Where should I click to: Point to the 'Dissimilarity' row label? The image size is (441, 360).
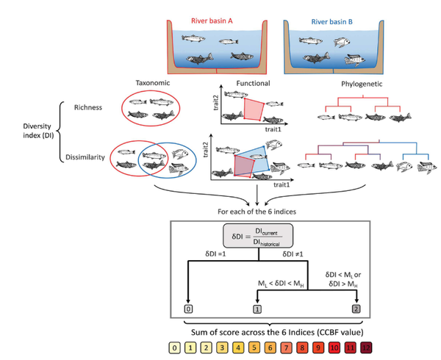pyautogui.click(x=81, y=156)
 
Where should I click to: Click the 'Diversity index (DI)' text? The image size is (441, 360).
pyautogui.click(x=27, y=131)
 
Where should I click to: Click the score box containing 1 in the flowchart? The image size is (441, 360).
pyautogui.click(x=257, y=309)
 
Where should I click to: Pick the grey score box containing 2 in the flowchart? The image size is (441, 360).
pyautogui.click(x=356, y=309)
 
